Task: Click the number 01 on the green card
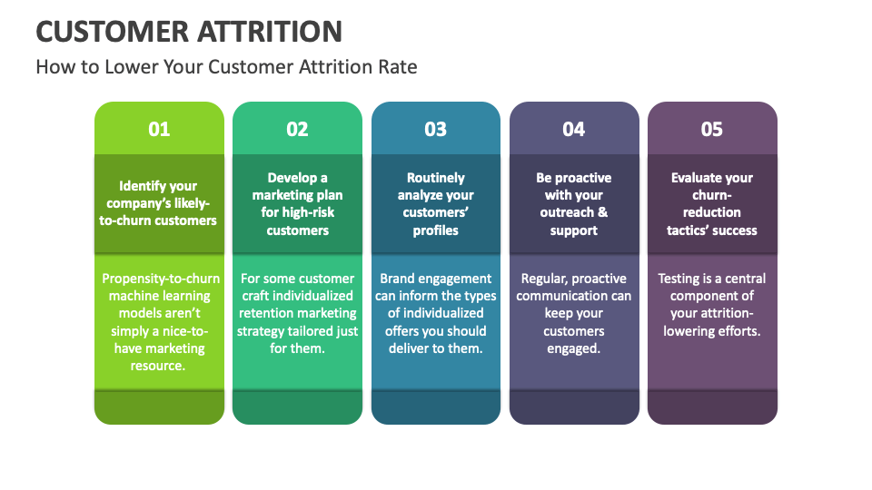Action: pyautogui.click(x=159, y=129)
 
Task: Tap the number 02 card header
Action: pyautogui.click(x=297, y=129)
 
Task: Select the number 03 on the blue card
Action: pyautogui.click(x=436, y=129)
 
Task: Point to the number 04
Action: pyautogui.click(x=574, y=129)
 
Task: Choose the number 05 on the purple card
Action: pyautogui.click(x=712, y=129)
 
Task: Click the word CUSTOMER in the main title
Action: pyautogui.click(x=111, y=32)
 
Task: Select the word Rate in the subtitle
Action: pyautogui.click(x=398, y=67)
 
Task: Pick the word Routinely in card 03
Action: pyautogui.click(x=436, y=178)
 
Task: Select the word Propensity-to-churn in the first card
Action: pyautogui.click(x=160, y=279)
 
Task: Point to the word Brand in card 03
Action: pyautogui.click(x=398, y=279)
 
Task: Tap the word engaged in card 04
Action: pyautogui.click(x=574, y=348)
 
